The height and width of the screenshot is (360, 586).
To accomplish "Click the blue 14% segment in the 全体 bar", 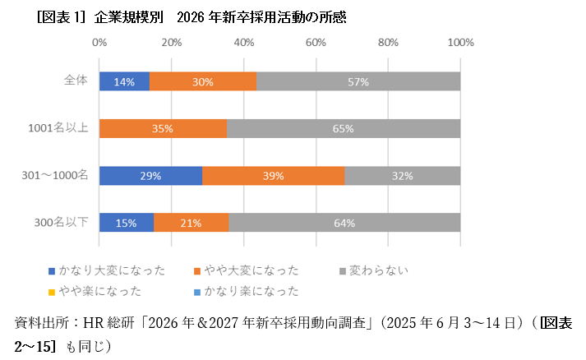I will (124, 81).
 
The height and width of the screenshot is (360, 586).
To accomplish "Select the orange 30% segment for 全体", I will (203, 81).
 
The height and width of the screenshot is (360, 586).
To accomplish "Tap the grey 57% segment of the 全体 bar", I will (358, 81).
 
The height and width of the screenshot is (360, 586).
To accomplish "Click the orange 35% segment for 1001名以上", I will (163, 128).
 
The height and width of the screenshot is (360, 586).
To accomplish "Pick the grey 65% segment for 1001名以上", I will (344, 128).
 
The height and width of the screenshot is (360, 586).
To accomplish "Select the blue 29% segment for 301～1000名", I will (150, 176).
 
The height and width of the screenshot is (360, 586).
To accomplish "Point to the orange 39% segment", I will (273, 176).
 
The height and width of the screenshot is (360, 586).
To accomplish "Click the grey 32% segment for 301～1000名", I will (402, 176).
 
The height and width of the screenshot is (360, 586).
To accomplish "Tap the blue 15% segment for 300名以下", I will (127, 223).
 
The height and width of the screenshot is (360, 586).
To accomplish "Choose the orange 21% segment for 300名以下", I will (191, 223).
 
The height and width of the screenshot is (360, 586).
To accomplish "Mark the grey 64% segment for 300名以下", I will (344, 223).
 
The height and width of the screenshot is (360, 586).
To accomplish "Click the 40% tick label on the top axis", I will (243, 41).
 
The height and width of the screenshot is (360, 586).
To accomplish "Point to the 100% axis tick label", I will (459, 41).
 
